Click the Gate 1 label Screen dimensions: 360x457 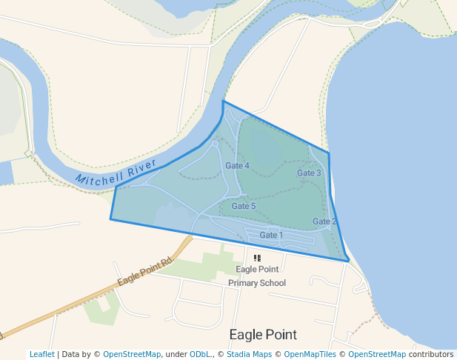pyautogui.click(x=271, y=236)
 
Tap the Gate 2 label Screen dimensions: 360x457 pyautogui.click(x=324, y=221)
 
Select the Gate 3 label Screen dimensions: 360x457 pyautogui.click(x=309, y=173)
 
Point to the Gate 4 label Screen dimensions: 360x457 pyautogui.click(x=237, y=165)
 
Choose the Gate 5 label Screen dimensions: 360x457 pyautogui.click(x=244, y=206)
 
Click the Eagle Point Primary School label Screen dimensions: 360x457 pyautogui.click(x=257, y=276)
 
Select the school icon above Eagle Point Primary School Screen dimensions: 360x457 pyautogui.click(x=257, y=258)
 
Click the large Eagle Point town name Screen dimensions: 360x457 pyautogui.click(x=263, y=334)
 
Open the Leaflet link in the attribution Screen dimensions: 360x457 pyautogui.click(x=41, y=354)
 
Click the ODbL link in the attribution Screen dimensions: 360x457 pyautogui.click(x=200, y=354)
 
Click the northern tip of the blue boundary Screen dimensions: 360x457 pyautogui.click(x=223, y=101)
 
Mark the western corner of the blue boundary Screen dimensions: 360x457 pyautogui.click(x=111, y=219)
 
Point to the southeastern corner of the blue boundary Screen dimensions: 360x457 pyautogui.click(x=348, y=261)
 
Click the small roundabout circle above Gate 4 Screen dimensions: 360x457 pyautogui.click(x=215, y=143)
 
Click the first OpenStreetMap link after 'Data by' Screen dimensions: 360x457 pyautogui.click(x=132, y=354)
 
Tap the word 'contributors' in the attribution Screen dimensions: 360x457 pyautogui.click(x=431, y=354)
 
